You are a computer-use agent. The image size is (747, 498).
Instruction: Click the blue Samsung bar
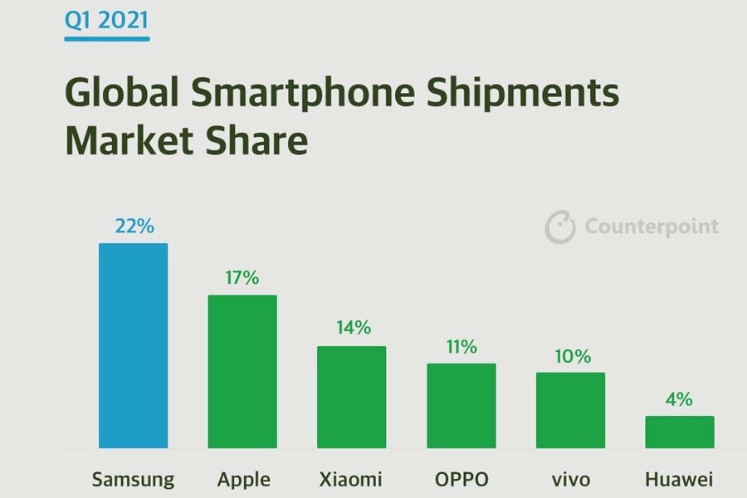(x=133, y=344)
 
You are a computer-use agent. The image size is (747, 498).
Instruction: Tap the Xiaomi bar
(x=351, y=397)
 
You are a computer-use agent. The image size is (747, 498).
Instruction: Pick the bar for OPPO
(x=461, y=405)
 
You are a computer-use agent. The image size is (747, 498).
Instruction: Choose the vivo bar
(x=570, y=410)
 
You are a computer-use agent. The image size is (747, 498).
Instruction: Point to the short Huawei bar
(x=680, y=432)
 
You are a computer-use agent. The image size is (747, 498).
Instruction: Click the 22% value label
(x=134, y=226)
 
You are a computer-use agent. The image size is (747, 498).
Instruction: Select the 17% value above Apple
(x=242, y=277)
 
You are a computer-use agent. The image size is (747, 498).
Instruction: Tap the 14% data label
(x=353, y=328)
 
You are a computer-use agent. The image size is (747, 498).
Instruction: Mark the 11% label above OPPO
(x=461, y=346)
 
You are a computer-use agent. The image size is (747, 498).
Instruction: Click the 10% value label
(x=571, y=356)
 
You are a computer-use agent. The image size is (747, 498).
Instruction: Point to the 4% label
(x=679, y=399)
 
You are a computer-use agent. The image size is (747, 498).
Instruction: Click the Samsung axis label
(x=133, y=480)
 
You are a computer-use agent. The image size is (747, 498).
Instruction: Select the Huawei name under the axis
(x=679, y=480)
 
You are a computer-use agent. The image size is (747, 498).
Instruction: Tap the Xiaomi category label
(x=351, y=480)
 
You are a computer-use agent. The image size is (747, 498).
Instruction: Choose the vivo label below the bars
(x=570, y=480)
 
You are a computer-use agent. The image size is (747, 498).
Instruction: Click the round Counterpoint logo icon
(x=560, y=227)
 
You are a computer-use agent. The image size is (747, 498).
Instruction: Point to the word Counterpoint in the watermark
(x=652, y=227)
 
